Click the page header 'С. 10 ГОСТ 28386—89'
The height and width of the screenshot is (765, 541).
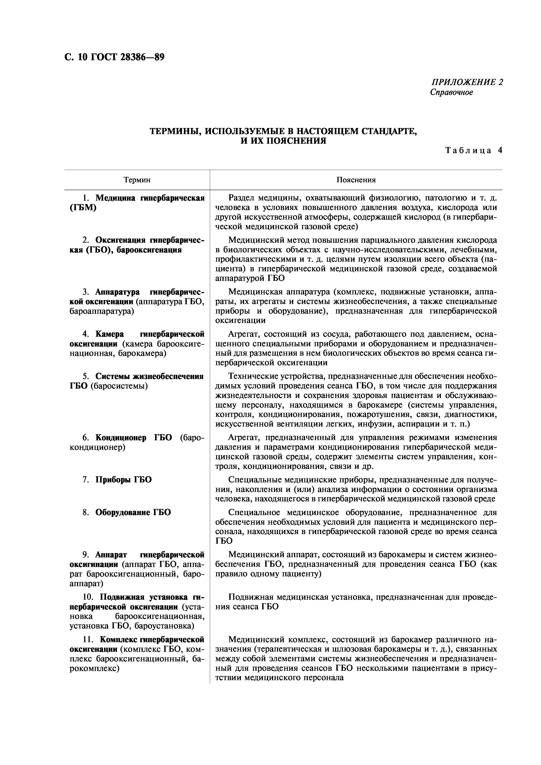coord(114,57)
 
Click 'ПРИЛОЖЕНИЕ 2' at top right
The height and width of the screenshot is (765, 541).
coord(467,82)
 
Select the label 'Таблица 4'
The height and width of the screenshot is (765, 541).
coord(473,150)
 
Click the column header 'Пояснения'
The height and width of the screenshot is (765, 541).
coord(356,180)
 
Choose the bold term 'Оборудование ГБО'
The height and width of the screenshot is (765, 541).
coord(133,512)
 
